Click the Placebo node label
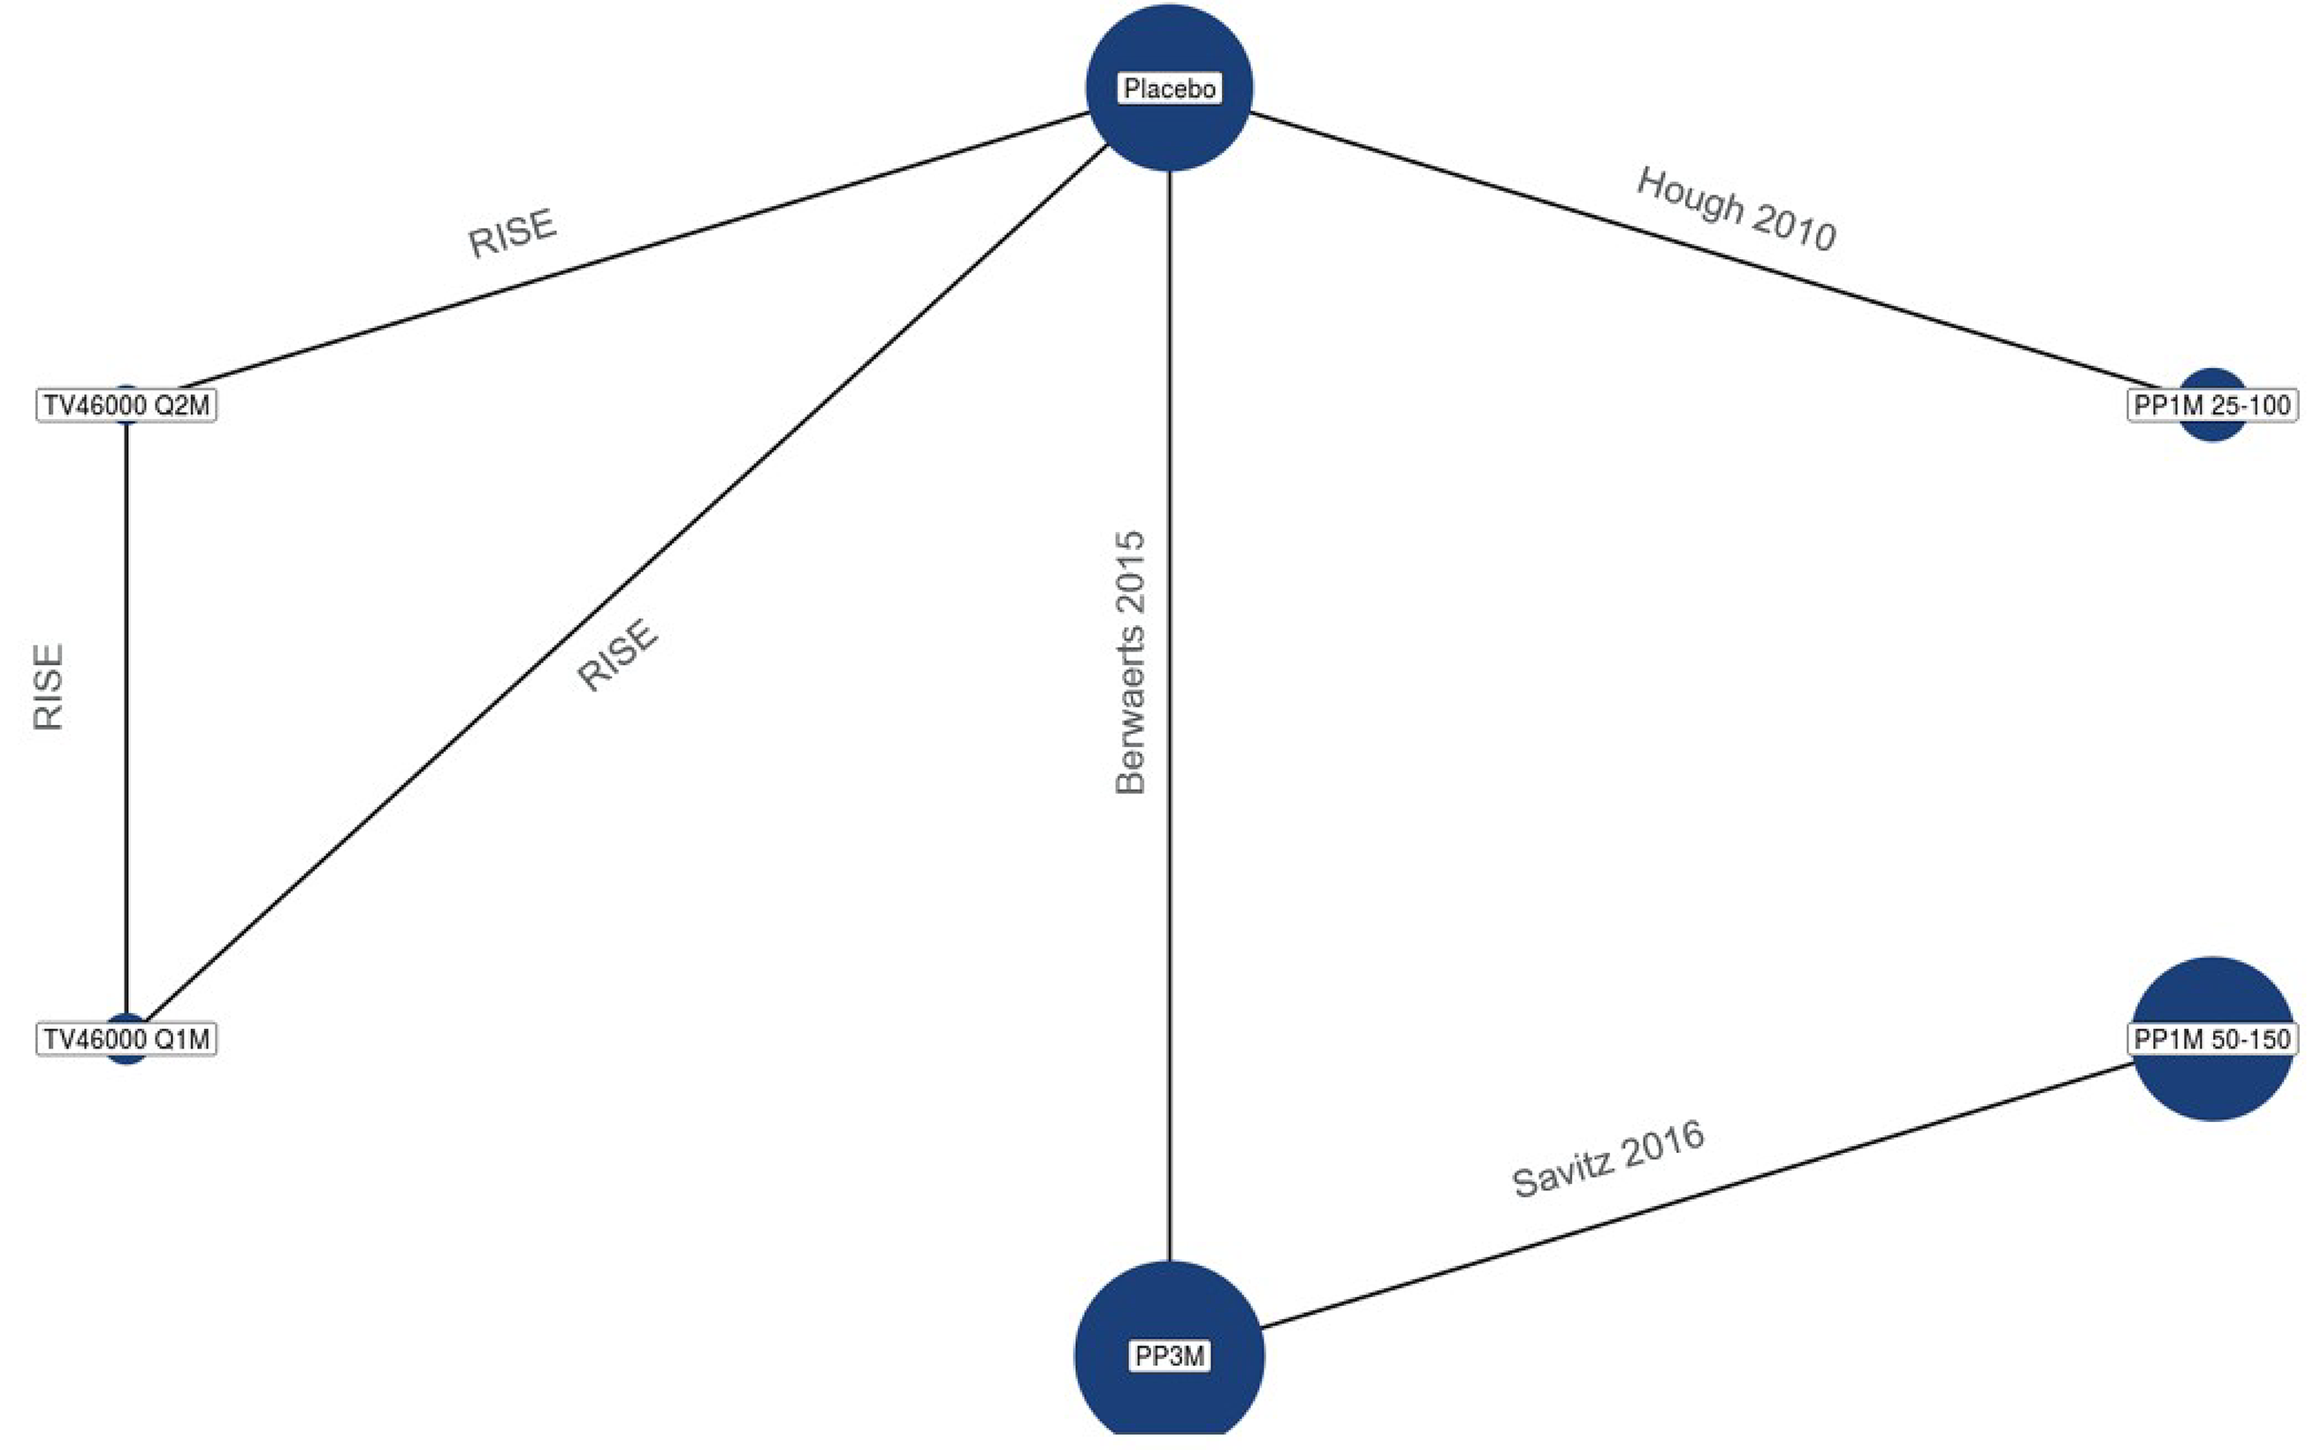(1169, 88)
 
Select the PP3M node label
(1169, 1356)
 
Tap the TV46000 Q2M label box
(126, 406)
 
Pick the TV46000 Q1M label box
(126, 1039)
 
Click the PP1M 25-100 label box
(2211, 406)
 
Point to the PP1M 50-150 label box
(2211, 1039)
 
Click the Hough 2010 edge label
(1736, 209)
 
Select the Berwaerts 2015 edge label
(1131, 661)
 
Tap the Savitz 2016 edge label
(1607, 1158)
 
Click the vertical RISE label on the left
(48, 687)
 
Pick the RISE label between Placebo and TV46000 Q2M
(511, 233)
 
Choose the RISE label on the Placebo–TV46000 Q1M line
(617, 654)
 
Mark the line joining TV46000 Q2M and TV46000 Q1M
(126, 719)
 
